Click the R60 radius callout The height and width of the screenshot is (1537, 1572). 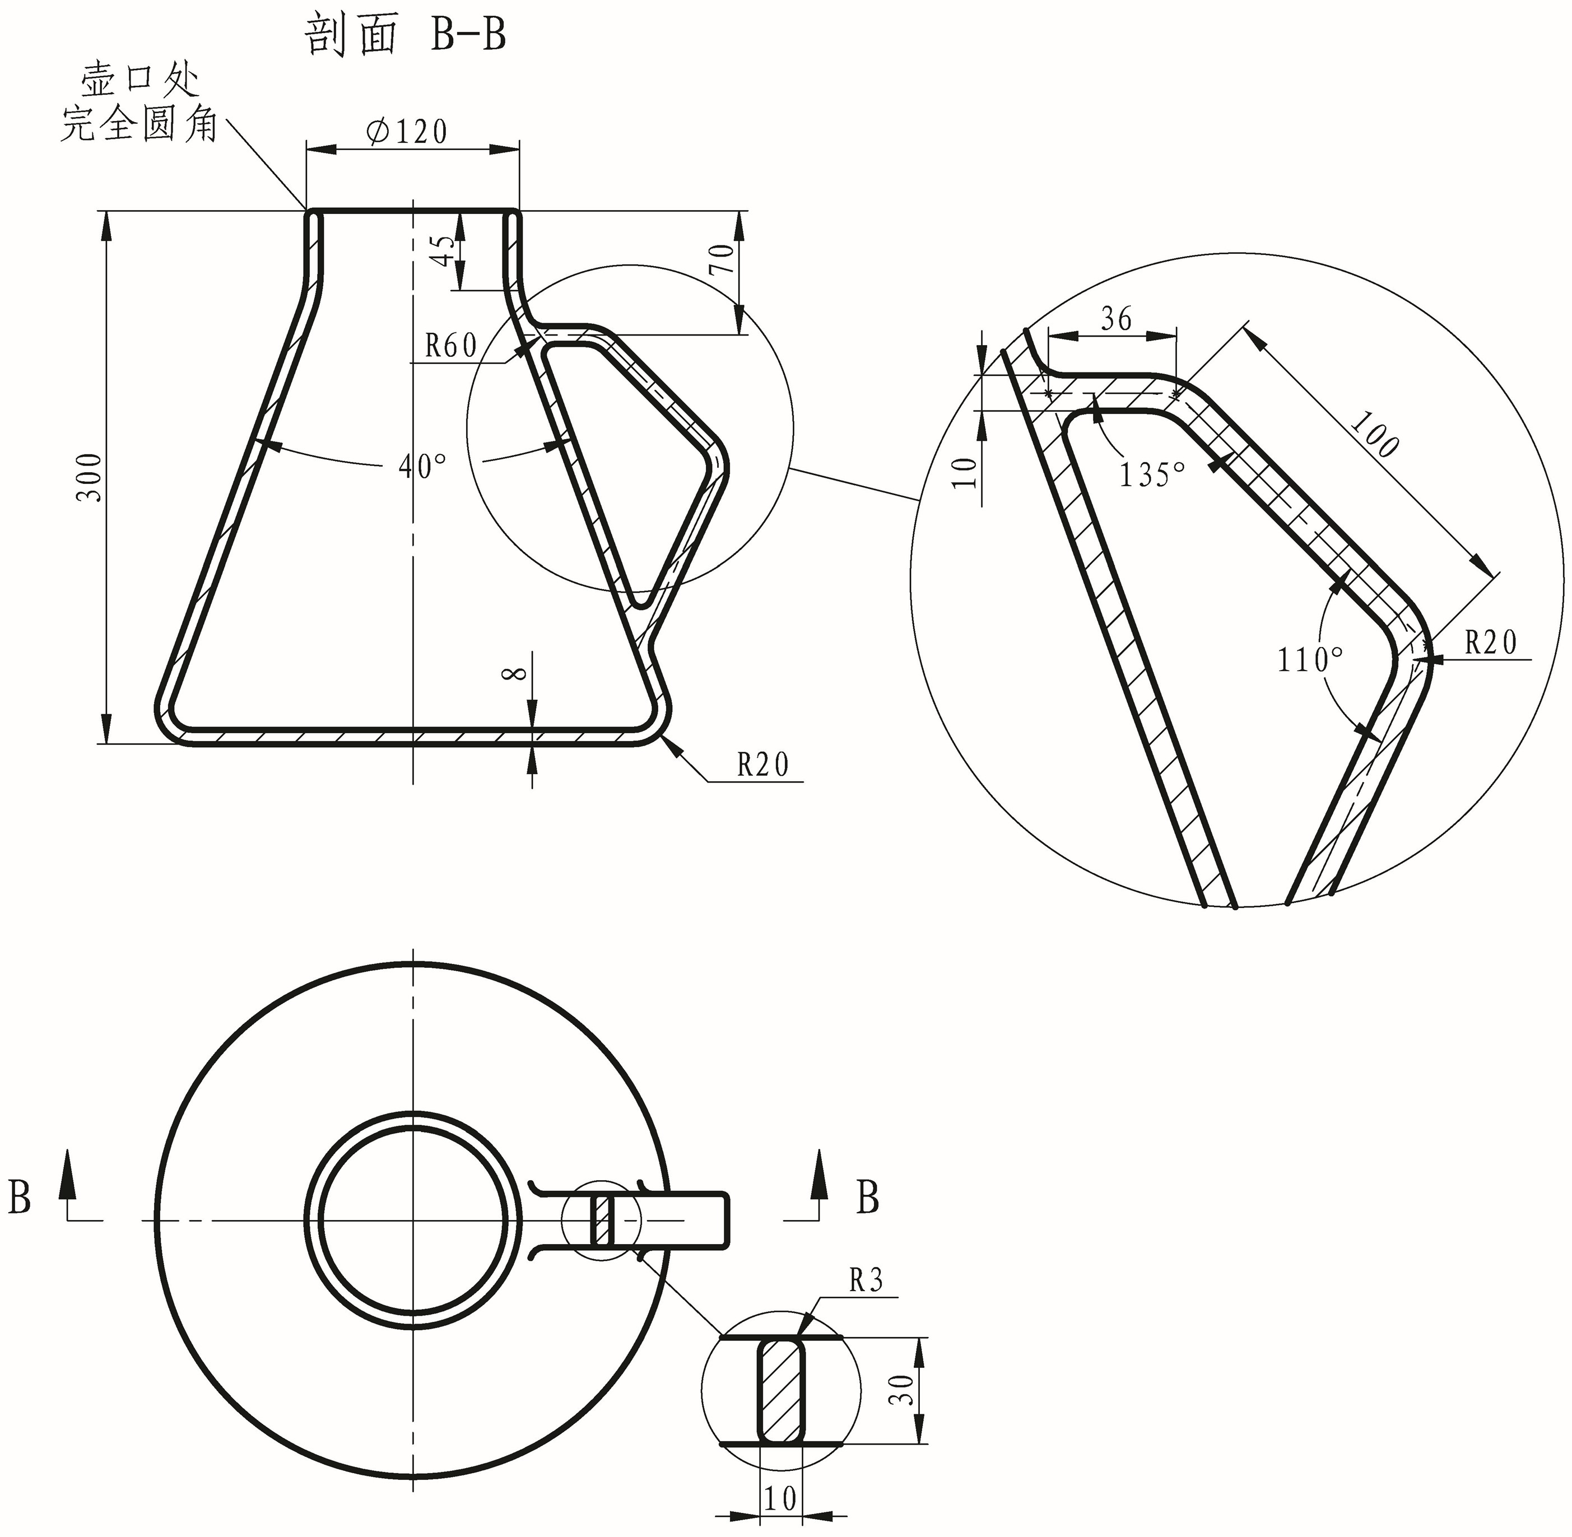click(452, 346)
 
